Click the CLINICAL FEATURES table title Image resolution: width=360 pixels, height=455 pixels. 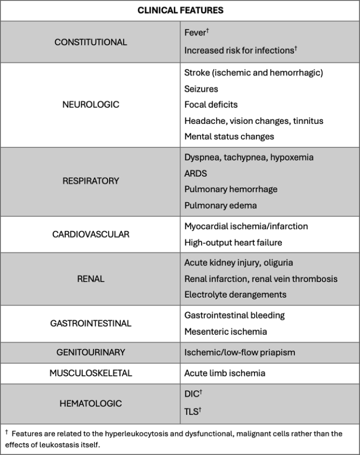pos(180,10)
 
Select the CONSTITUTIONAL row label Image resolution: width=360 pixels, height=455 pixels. pos(91,42)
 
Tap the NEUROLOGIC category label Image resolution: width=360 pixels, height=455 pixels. pos(91,104)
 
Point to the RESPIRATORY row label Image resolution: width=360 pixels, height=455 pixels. pos(91,181)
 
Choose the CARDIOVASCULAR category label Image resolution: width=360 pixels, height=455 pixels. pos(91,234)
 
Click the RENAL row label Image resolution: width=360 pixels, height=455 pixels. pos(91,279)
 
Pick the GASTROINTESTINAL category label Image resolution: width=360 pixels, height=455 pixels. pos(91,323)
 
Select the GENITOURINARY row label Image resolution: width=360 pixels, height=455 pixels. pos(91,352)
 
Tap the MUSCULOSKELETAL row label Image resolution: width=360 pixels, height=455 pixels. pos(91,373)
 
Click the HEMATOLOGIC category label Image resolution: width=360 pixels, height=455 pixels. pos(91,404)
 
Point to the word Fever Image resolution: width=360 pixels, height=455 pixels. pos(195,32)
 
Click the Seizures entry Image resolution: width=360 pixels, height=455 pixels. pos(201,89)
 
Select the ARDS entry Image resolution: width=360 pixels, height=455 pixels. pos(195,174)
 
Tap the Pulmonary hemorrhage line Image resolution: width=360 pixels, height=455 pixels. pos(231,189)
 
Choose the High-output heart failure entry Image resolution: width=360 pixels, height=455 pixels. pos(233,242)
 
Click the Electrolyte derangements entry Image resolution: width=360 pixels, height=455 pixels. pos(236,295)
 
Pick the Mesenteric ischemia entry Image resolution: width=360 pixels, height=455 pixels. pos(226,332)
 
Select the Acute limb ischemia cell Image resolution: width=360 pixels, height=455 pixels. pos(225,373)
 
